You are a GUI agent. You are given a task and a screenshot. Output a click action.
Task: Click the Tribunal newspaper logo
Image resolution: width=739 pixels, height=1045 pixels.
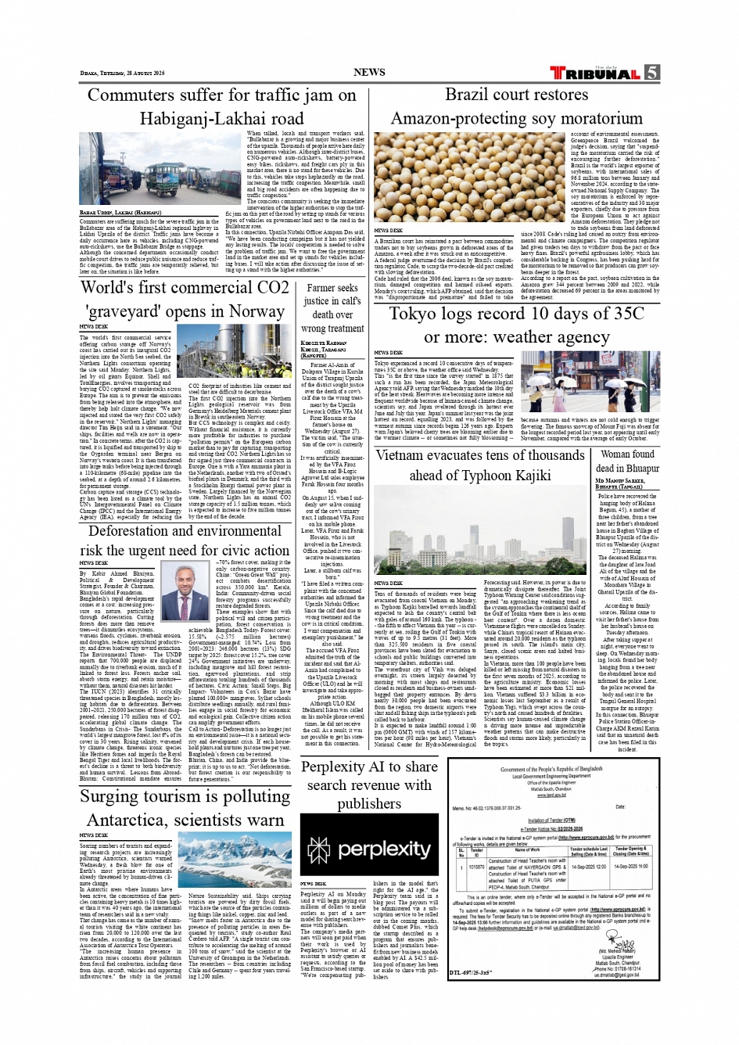pyautogui.click(x=596, y=74)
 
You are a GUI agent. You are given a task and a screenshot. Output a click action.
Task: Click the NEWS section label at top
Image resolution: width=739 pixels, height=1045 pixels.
pyautogui.click(x=369, y=72)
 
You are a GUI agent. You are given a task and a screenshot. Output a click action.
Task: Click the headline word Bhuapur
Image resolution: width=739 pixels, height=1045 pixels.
pyautogui.click(x=638, y=469)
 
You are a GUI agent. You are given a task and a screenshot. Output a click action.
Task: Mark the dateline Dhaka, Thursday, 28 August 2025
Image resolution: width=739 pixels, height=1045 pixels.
pyautogui.click(x=122, y=74)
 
